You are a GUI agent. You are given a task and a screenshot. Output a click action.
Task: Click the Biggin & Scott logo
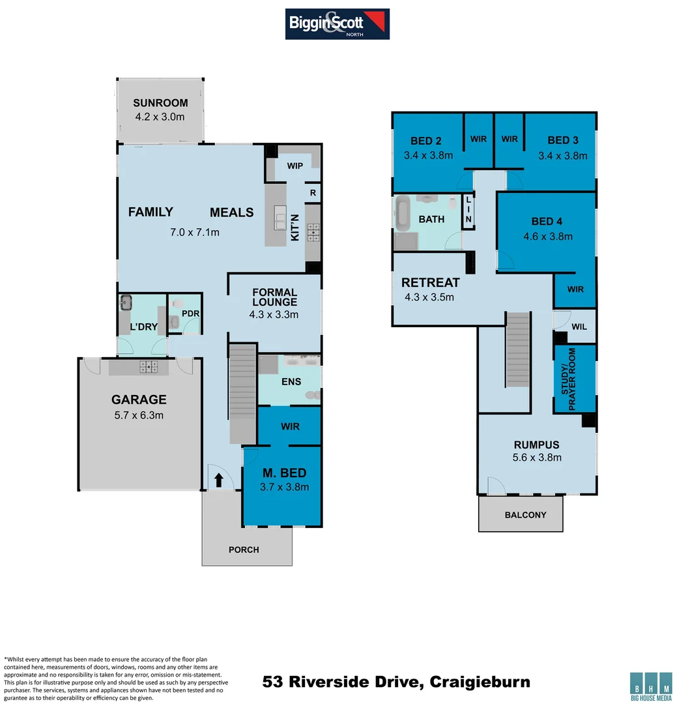click(337, 23)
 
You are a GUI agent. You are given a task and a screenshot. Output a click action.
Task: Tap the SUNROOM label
click(160, 103)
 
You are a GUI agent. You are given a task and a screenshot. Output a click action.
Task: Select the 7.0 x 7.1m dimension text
click(195, 232)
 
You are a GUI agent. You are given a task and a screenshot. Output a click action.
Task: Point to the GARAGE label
click(139, 400)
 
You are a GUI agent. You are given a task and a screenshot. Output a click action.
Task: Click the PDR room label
click(190, 314)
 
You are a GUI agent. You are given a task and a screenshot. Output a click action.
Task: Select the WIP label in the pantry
click(295, 166)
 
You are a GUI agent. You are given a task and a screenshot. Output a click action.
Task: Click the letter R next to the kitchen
click(313, 193)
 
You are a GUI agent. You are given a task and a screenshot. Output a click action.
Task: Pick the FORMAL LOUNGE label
click(275, 297)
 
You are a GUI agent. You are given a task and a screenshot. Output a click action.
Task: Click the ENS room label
click(291, 381)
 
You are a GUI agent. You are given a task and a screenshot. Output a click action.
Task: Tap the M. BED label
click(284, 473)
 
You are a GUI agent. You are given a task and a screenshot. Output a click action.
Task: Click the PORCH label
click(244, 550)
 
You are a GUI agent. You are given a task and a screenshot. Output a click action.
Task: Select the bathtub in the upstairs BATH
click(402, 214)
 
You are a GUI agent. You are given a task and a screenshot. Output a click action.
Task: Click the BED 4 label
click(546, 222)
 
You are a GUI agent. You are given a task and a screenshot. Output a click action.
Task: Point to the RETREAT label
click(430, 283)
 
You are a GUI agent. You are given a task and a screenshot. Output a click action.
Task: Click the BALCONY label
click(525, 515)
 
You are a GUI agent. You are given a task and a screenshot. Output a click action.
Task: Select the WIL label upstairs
click(579, 327)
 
